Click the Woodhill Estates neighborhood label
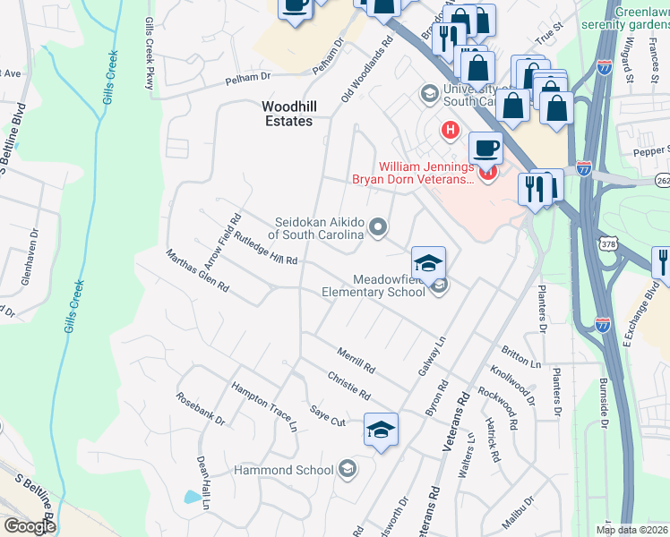coord(287,113)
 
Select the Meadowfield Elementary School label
coord(374,286)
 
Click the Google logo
coord(30,526)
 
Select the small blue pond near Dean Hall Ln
coord(192,496)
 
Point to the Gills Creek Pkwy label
coord(149,55)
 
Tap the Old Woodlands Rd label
coord(368,68)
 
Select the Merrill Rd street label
coord(356,361)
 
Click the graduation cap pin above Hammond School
coord(381,430)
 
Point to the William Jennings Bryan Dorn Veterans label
coord(426,173)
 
